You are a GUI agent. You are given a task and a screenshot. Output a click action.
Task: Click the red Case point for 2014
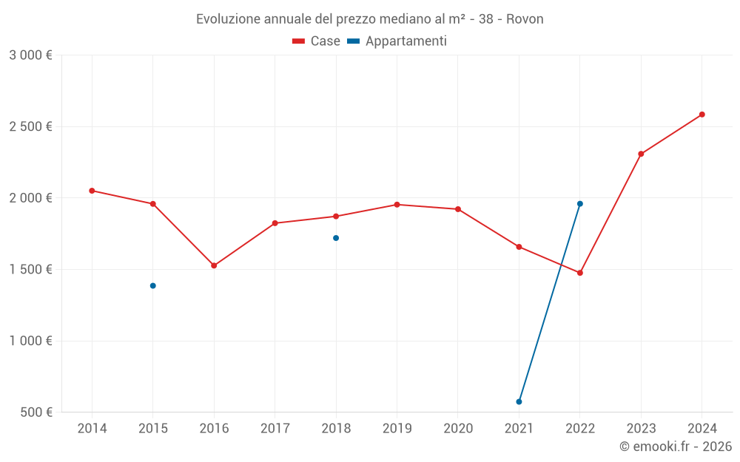point(92,191)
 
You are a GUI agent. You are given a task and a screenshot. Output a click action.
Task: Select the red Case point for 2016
point(214,265)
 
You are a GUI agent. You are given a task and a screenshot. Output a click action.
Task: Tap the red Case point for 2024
point(702,115)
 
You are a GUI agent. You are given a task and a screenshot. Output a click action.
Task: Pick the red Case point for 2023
point(641,154)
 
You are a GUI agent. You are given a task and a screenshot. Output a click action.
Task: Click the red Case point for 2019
point(397,205)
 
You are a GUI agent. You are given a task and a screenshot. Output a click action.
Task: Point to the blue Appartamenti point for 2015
point(153,286)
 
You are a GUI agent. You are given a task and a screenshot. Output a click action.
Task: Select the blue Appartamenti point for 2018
point(336,238)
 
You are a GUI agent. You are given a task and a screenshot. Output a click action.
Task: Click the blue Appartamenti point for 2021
point(519,402)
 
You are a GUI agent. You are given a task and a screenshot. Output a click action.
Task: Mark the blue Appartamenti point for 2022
point(580,204)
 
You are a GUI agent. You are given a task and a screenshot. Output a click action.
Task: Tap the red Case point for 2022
point(580,273)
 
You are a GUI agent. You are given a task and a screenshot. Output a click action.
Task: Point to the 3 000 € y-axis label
point(30,55)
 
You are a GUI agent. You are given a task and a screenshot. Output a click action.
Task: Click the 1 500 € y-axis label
point(30,270)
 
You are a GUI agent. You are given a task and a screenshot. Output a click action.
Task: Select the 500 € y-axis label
point(36,412)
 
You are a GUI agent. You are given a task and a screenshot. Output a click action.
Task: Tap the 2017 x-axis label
point(275,429)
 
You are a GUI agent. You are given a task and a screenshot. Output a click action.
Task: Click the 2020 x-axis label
point(458,429)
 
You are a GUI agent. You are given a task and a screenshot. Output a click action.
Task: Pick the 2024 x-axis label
point(702,429)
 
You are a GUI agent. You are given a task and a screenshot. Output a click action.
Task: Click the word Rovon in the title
point(525,19)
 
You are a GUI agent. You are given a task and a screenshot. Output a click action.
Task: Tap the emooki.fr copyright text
point(676,446)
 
